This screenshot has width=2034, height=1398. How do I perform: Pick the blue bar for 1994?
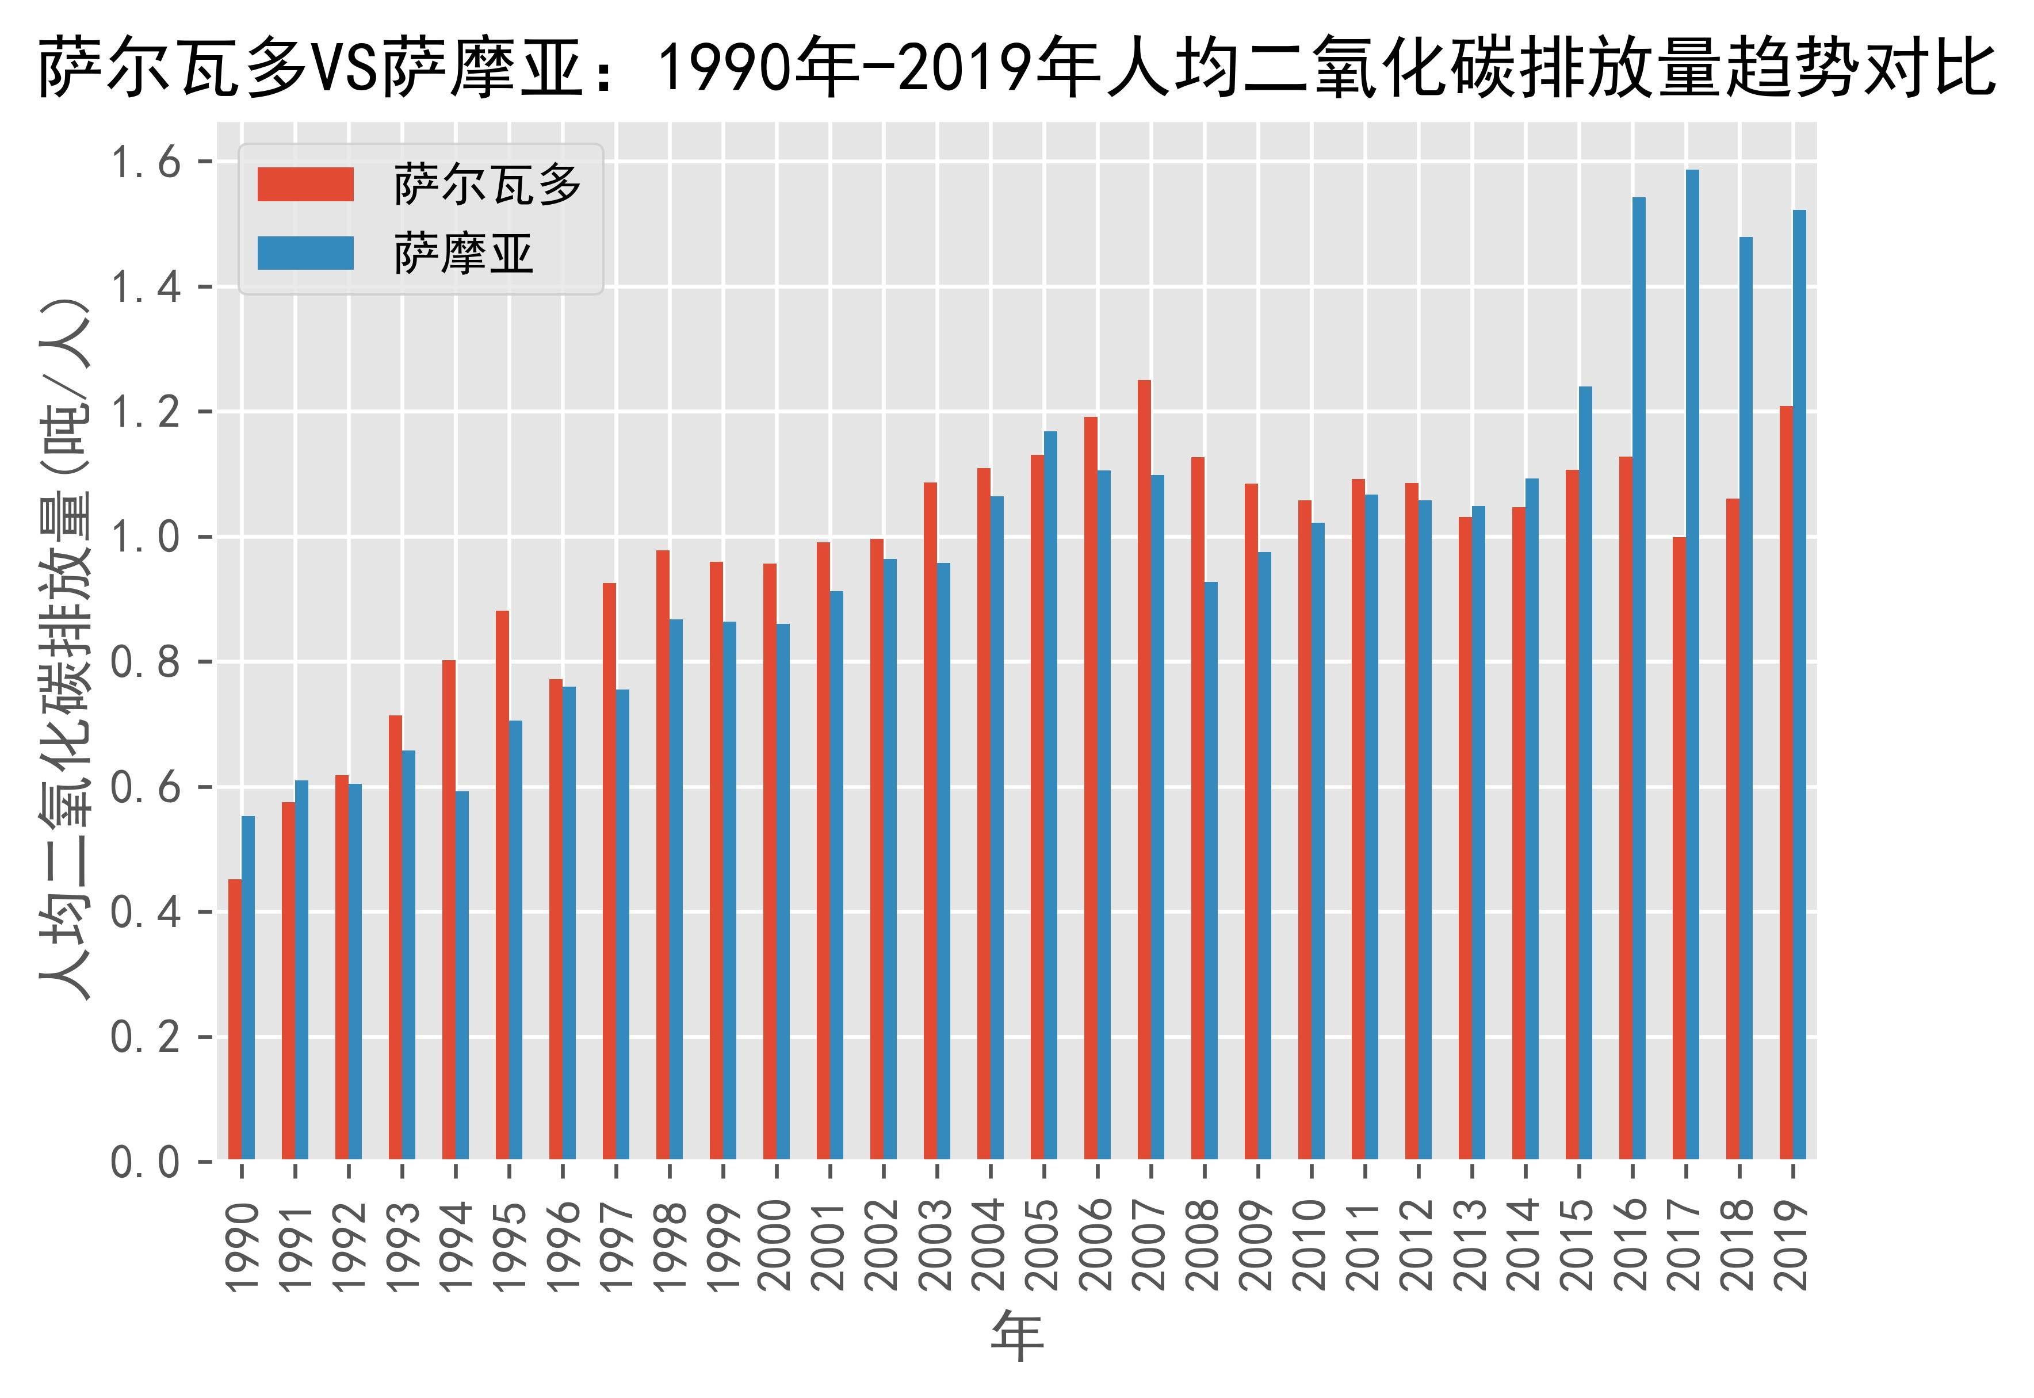(462, 976)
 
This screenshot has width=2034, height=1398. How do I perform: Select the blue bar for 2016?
(1638, 678)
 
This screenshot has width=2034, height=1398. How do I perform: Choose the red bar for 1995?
(502, 884)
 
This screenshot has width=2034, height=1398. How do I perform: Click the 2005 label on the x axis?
(1043, 1244)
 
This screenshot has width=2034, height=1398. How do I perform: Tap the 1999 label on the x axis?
(722, 1244)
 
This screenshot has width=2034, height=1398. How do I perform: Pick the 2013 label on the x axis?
(1471, 1244)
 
